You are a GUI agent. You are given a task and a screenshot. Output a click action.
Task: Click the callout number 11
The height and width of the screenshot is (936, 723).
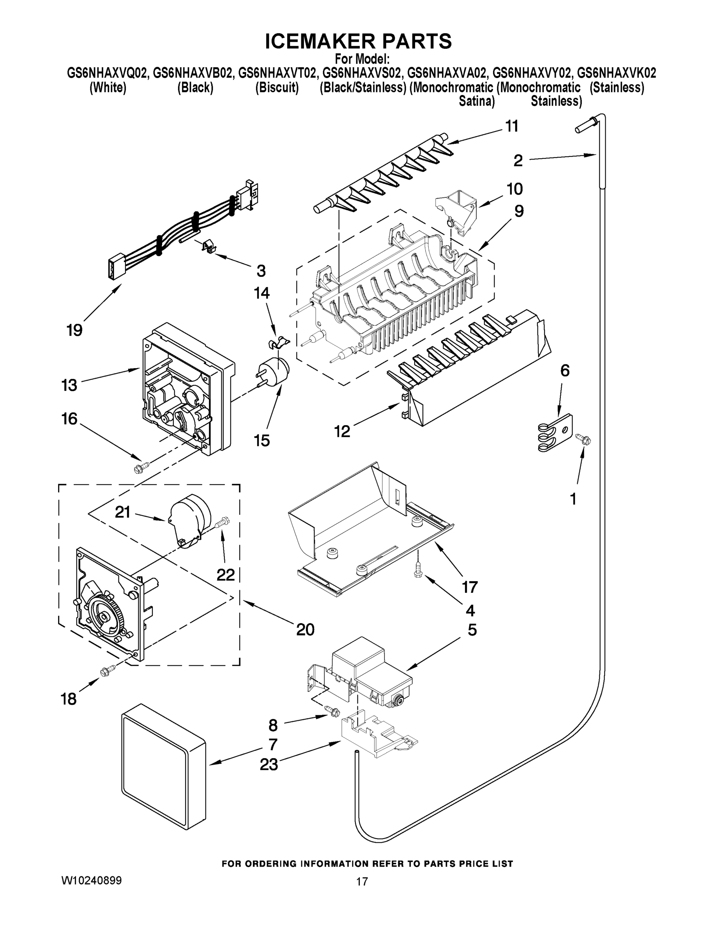coord(512,126)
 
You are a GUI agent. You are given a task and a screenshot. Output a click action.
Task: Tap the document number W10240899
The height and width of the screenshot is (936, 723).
coord(92,880)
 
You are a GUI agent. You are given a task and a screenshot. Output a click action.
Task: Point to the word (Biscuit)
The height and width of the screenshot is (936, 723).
coord(277,87)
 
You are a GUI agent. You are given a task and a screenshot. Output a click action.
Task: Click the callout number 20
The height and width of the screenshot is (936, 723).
coord(305,629)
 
